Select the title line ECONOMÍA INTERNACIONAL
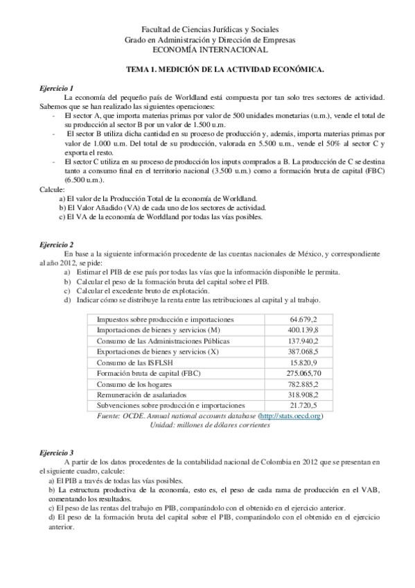point(209,50)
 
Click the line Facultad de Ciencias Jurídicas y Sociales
point(209,31)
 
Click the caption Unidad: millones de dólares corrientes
point(210,424)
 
